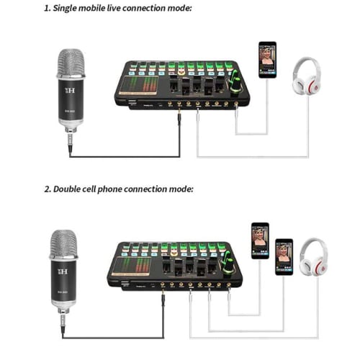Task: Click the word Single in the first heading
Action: point(71,9)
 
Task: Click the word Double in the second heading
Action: point(73,189)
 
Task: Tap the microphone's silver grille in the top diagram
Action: point(71,63)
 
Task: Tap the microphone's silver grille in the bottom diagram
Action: point(63,245)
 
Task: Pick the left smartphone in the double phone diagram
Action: point(260,240)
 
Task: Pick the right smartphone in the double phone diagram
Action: point(284,256)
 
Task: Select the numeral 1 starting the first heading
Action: point(46,9)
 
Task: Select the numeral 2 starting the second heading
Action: point(46,189)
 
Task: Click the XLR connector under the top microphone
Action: point(70,138)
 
